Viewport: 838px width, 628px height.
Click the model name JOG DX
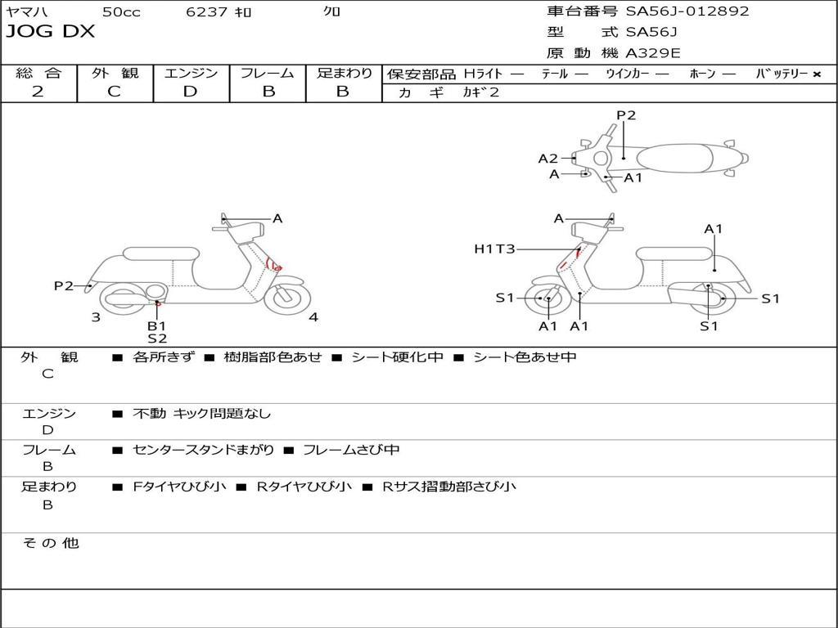click(x=51, y=32)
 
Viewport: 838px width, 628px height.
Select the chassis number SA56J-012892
click(x=687, y=11)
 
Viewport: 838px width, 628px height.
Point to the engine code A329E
click(x=653, y=54)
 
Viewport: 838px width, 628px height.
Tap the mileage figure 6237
click(x=207, y=11)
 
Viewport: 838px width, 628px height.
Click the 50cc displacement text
click(x=121, y=11)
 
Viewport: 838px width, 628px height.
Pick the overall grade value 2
click(x=38, y=92)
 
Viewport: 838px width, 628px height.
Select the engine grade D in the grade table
click(x=190, y=92)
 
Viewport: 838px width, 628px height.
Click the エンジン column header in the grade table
click(x=191, y=74)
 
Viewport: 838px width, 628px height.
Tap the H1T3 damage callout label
click(x=494, y=249)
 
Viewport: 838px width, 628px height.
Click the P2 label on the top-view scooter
click(x=626, y=115)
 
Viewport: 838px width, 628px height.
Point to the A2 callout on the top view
click(x=547, y=159)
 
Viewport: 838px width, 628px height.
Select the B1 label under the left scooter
click(x=156, y=326)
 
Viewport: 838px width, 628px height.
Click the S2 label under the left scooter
click(x=156, y=338)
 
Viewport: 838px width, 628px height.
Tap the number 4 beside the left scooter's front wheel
click(x=313, y=317)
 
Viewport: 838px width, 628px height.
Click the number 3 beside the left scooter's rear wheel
click(x=96, y=317)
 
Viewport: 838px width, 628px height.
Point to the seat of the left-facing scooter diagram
click(x=160, y=253)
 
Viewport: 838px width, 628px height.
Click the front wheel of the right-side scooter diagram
click(x=547, y=299)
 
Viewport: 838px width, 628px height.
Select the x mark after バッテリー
click(x=816, y=74)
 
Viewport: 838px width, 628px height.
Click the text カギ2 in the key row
click(x=481, y=92)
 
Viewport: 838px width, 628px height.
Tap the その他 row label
click(x=50, y=543)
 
